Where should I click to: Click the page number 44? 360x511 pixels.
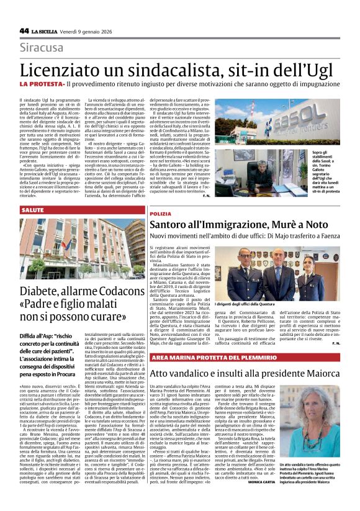tap(24, 30)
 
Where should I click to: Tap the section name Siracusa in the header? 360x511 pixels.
tap(41, 47)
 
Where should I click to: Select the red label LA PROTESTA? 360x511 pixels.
tap(42, 83)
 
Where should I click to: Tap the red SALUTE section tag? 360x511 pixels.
tap(32, 211)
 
